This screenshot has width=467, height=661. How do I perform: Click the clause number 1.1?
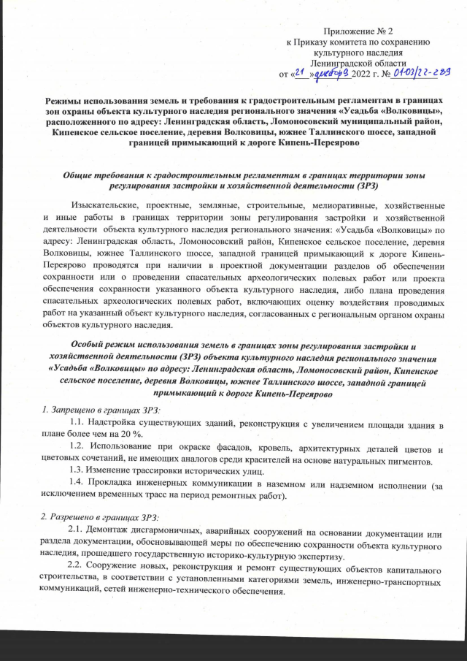pos(76,424)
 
